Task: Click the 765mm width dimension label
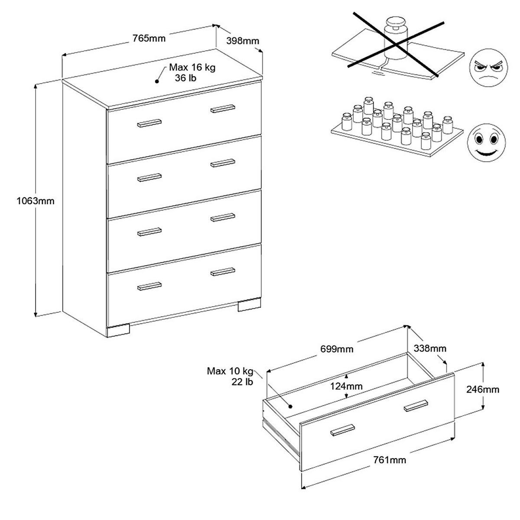[x=149, y=38]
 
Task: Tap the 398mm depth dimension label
[x=243, y=41]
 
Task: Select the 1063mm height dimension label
[x=36, y=201]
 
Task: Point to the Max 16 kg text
[x=192, y=68]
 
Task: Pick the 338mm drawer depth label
[x=430, y=348]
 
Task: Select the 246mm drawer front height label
[x=483, y=390]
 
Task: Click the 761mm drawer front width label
[x=390, y=460]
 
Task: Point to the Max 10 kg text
[x=230, y=371]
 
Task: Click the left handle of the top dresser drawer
[x=149, y=123]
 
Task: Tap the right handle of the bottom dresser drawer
[x=223, y=272]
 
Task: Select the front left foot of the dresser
[x=118, y=331]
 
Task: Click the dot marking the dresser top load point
[x=157, y=81]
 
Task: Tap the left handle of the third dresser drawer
[x=149, y=232]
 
